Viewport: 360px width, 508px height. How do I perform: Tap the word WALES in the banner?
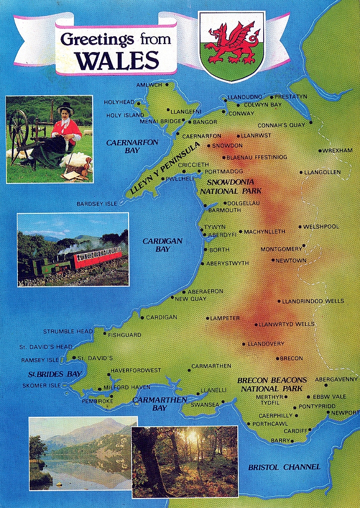118,60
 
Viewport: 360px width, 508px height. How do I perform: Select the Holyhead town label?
119,102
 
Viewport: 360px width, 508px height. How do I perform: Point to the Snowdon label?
227,145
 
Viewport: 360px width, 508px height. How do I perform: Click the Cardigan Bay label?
162,245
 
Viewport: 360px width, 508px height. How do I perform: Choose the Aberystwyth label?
227,263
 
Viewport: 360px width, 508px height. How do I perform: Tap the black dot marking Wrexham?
320,150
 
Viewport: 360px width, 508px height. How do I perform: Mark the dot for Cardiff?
310,431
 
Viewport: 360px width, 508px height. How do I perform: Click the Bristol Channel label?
284,467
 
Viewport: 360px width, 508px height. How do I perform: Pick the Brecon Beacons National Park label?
272,384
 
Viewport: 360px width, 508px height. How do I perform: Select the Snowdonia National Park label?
230,186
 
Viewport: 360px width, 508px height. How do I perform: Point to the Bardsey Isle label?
97,204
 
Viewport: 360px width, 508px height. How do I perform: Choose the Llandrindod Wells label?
313,301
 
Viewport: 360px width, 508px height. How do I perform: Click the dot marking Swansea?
223,402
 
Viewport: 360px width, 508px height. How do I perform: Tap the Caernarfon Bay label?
132,146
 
